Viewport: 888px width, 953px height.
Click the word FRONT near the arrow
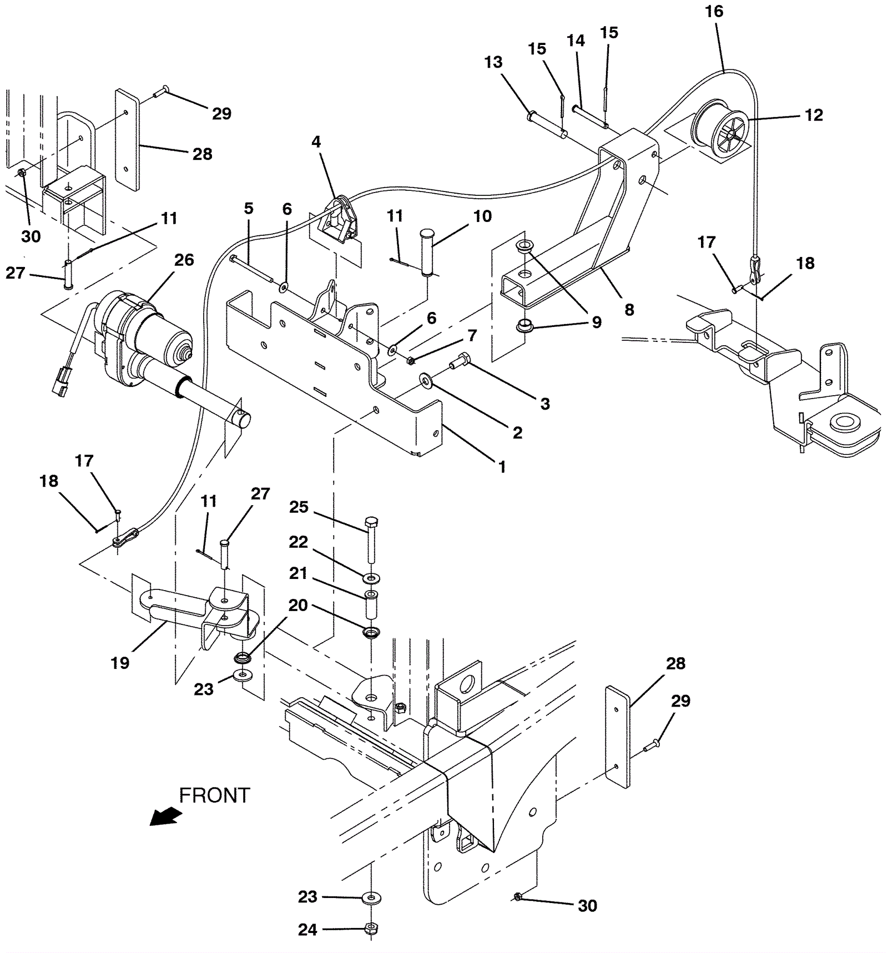[214, 795]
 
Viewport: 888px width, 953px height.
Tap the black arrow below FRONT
[165, 816]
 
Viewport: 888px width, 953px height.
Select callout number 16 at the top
[714, 12]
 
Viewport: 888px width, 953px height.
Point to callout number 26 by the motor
[184, 260]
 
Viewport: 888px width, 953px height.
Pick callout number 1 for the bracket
[502, 467]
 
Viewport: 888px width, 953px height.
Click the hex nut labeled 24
[371, 928]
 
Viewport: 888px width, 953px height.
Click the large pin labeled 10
[427, 251]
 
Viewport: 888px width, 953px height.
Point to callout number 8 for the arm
[629, 310]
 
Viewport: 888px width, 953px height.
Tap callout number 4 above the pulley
[316, 142]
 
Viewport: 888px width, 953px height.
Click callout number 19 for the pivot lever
[120, 663]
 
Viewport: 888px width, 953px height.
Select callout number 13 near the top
[493, 62]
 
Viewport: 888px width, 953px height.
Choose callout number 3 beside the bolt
[545, 404]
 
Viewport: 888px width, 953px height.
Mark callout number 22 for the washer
[299, 542]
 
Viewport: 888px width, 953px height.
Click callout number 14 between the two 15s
[576, 41]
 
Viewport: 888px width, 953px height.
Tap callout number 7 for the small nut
[472, 335]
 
